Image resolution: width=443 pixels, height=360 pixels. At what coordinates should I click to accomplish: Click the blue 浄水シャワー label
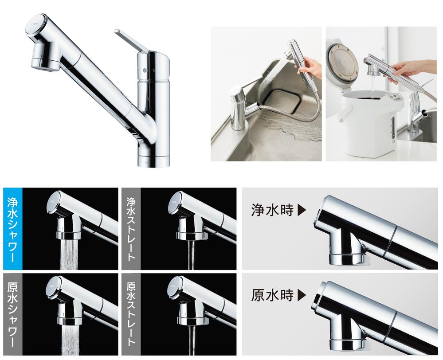[x=13, y=229]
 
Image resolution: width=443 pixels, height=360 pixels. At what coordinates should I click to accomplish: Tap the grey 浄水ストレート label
[x=131, y=229]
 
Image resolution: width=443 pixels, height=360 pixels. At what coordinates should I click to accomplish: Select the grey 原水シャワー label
[x=13, y=314]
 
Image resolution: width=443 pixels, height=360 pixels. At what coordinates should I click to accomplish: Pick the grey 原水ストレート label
[x=131, y=314]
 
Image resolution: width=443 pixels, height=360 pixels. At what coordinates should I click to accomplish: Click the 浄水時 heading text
[x=272, y=211]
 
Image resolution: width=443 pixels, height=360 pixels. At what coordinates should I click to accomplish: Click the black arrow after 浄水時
[x=302, y=211]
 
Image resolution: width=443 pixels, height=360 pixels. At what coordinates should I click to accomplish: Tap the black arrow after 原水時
[x=302, y=296]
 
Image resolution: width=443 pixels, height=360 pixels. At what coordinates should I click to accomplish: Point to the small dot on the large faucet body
[x=145, y=70]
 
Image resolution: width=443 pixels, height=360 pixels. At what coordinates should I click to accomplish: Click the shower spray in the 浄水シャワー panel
[x=69, y=254]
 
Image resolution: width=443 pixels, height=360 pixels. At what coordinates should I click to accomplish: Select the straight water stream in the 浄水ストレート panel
[x=191, y=254]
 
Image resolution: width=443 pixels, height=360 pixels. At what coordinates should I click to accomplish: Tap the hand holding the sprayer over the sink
[x=310, y=68]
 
